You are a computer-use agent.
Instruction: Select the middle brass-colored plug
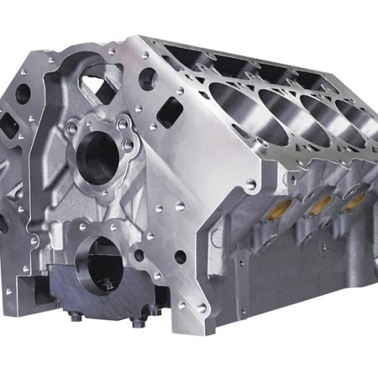pyautogui.click(x=321, y=203)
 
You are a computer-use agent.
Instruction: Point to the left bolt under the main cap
pyautogui.click(x=76, y=315)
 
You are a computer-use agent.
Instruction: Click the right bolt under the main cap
pyautogui.click(x=138, y=321)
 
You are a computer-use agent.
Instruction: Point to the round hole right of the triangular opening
pyautogui.click(x=147, y=79)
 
